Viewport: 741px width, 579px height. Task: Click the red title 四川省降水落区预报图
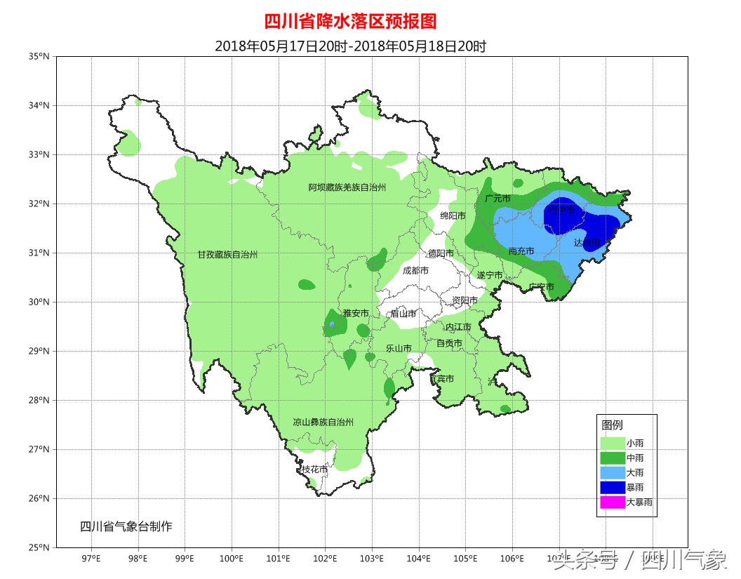point(350,21)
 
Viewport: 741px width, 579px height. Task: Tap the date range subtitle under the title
point(350,46)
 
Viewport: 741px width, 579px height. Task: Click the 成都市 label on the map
point(416,270)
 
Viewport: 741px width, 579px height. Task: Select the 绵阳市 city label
point(453,215)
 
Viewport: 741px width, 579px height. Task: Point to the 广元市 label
point(498,199)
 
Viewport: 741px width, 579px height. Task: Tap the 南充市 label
point(521,251)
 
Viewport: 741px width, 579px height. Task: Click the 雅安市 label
point(356,312)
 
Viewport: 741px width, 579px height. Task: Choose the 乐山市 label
point(399,347)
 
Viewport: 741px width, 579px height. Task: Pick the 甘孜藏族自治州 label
point(227,255)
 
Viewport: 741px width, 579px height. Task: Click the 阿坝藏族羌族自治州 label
point(347,187)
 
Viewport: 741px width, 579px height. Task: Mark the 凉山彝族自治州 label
point(323,422)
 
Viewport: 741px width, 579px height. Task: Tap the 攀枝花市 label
point(314,469)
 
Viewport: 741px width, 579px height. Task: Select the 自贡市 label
point(449,343)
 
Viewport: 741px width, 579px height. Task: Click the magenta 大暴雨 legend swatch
point(613,503)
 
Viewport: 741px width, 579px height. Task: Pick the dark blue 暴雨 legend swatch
point(613,487)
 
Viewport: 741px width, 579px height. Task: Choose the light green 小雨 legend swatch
point(613,443)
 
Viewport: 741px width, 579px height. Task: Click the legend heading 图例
point(612,425)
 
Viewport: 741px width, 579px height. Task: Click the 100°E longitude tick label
point(232,559)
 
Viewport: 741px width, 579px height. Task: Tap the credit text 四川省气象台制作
point(126,526)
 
